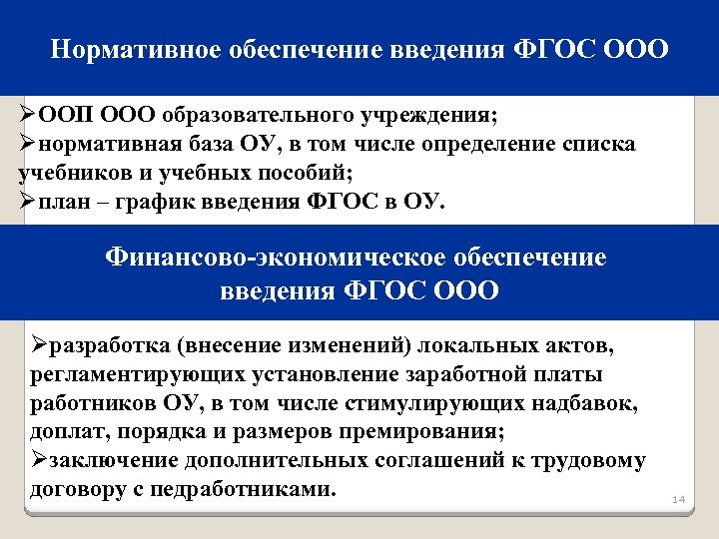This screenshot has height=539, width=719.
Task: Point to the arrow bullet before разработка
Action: point(40,346)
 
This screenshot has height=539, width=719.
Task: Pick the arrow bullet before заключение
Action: point(40,462)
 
